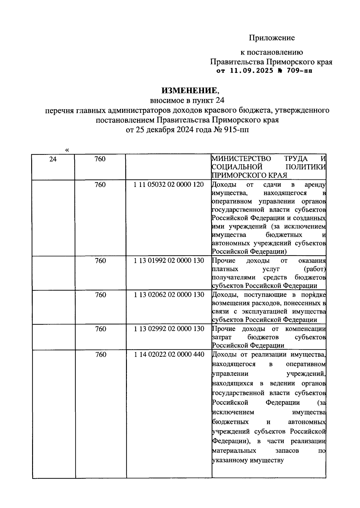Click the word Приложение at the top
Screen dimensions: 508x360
(272, 38)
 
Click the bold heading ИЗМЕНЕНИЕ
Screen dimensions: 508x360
(189, 90)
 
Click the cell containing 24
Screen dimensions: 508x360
(53, 159)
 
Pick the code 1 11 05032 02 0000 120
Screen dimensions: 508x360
(169, 185)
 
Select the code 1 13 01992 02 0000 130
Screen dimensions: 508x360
(169, 260)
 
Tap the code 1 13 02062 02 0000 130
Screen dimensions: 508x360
(169, 295)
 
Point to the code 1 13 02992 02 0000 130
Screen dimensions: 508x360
(169, 329)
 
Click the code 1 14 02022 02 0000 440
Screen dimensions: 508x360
(169, 355)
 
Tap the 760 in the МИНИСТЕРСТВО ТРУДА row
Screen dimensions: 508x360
(100, 159)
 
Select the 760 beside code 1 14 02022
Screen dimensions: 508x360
(100, 355)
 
